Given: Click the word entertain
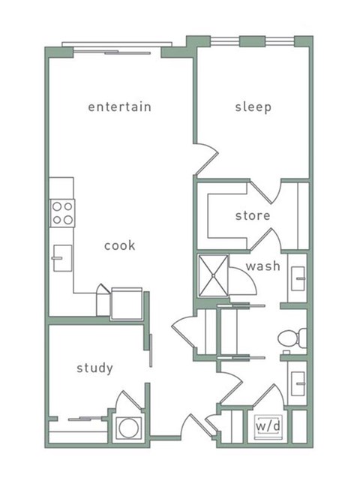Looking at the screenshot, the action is pyautogui.click(x=119, y=107).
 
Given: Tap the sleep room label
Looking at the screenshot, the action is pyautogui.click(x=253, y=107).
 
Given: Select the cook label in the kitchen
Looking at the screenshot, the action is pyautogui.click(x=119, y=245).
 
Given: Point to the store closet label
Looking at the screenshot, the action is pyautogui.click(x=253, y=215).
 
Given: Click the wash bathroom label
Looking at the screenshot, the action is pyautogui.click(x=263, y=266).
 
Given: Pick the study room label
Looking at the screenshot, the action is pyautogui.click(x=94, y=368).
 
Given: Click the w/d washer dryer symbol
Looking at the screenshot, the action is pyautogui.click(x=268, y=427).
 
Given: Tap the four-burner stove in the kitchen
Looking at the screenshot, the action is pyautogui.click(x=62, y=213).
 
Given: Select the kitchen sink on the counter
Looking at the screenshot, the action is pyautogui.click(x=62, y=258).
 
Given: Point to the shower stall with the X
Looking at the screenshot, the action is pyautogui.click(x=213, y=275).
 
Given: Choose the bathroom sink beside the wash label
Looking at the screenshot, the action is pyautogui.click(x=298, y=278).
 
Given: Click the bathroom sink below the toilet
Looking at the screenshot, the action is pyautogui.click(x=298, y=383).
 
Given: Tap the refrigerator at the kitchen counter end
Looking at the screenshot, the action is pyautogui.click(x=127, y=304).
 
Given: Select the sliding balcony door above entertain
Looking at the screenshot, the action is pyautogui.click(x=112, y=53).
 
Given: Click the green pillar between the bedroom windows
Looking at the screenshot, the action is pyautogui.click(x=252, y=41).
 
